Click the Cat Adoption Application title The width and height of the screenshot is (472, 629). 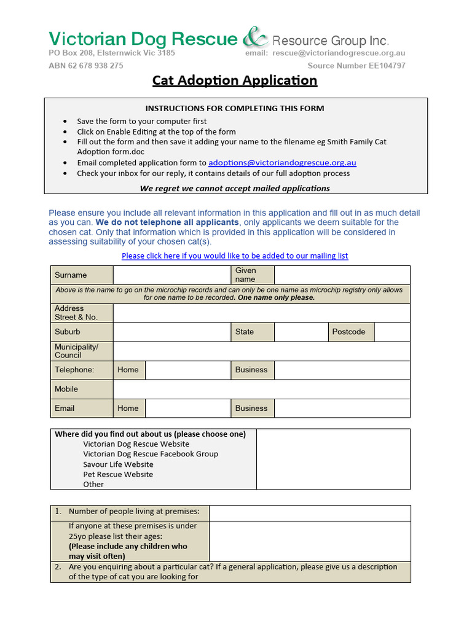click(x=235, y=80)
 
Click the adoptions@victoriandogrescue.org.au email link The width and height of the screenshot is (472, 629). click(x=282, y=163)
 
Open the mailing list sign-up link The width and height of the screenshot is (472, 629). click(x=235, y=256)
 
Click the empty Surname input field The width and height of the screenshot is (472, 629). click(x=171, y=275)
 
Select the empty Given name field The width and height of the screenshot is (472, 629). click(x=342, y=275)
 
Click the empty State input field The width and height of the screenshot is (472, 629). click(x=301, y=332)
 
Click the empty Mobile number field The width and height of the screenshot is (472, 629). click(x=261, y=389)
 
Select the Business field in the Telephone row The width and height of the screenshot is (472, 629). click(x=342, y=370)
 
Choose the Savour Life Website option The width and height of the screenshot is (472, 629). click(x=118, y=464)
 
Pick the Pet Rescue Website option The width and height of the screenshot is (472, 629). click(x=118, y=474)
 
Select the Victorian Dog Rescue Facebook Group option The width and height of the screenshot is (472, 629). click(x=151, y=454)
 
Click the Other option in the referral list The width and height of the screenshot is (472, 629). click(x=93, y=484)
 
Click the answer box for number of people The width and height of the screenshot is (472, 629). click(x=310, y=512)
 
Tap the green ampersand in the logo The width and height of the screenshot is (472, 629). click(x=255, y=39)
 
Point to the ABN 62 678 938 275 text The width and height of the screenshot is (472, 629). click(x=85, y=66)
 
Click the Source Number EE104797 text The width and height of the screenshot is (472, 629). click(x=356, y=66)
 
